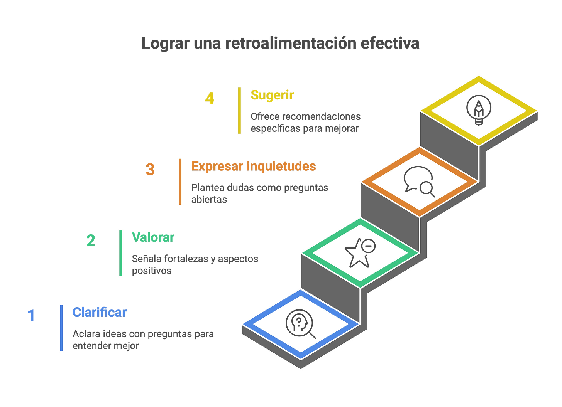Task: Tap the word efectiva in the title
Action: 389,43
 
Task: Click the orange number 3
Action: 150,169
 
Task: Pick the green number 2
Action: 91,240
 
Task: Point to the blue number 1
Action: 31,315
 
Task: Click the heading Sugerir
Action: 272,95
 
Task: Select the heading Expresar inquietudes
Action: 254,166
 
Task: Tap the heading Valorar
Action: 153,237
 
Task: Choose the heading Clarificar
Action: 100,312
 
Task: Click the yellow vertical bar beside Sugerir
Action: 240,111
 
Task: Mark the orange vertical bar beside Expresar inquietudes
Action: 180,182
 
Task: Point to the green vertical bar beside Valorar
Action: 121,252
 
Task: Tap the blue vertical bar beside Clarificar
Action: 61,328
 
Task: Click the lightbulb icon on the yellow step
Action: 479,110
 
